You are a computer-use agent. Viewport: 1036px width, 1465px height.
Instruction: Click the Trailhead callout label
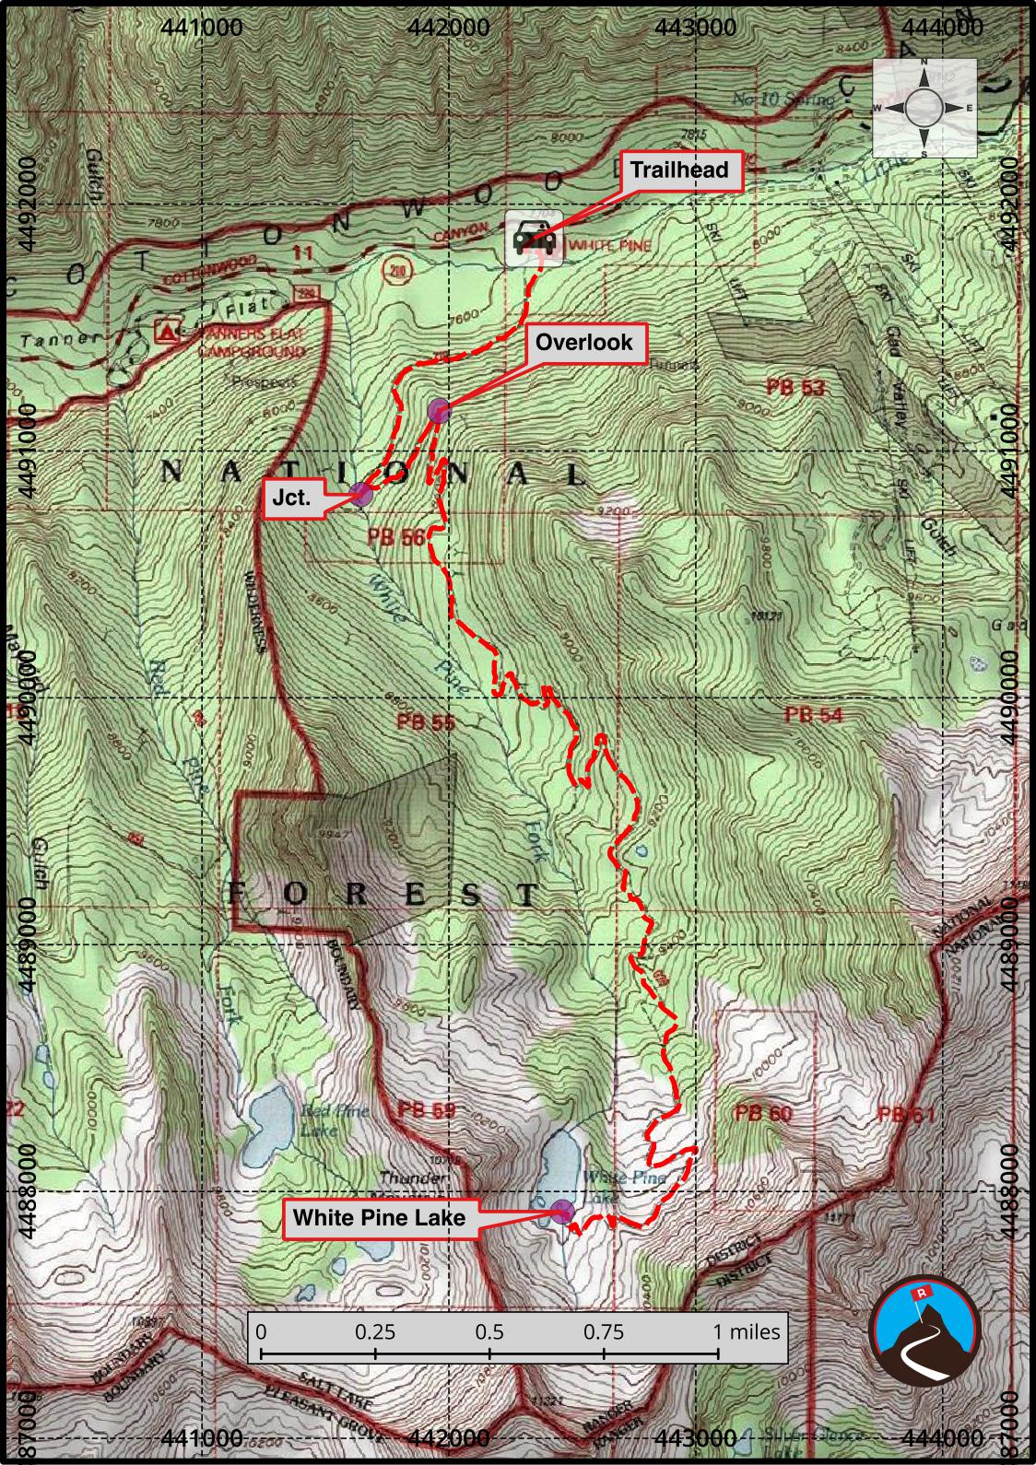(679, 170)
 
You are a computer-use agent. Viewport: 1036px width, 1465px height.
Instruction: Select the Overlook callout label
(584, 343)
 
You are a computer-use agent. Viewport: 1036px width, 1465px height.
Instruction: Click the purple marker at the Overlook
(439, 411)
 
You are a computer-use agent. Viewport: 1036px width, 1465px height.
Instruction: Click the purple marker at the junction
(361, 495)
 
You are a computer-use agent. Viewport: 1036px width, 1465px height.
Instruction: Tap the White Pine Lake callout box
(379, 1218)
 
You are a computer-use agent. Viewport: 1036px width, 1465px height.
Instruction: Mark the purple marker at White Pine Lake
(561, 1211)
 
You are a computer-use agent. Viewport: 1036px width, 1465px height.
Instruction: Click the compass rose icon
(924, 108)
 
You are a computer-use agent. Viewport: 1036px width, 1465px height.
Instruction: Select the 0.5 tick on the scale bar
(489, 1353)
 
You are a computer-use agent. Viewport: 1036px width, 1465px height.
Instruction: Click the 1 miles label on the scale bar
(747, 1331)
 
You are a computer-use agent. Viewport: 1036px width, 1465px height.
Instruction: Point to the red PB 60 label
(763, 1113)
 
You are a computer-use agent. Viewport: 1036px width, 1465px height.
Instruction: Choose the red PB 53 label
(795, 387)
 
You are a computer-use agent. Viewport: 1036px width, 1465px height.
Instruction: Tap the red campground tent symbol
(167, 329)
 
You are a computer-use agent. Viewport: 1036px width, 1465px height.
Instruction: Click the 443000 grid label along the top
(696, 28)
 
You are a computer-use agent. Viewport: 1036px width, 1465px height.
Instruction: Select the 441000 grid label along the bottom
(203, 1437)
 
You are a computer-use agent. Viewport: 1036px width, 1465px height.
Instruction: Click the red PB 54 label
(814, 714)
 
